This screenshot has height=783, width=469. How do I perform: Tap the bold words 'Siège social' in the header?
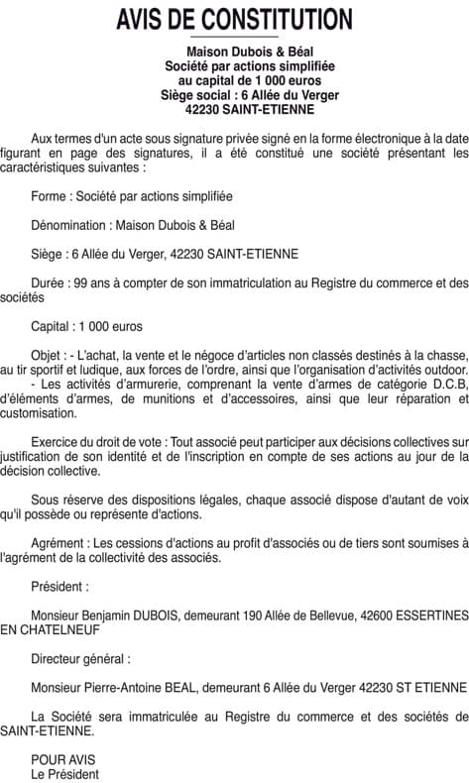click(194, 95)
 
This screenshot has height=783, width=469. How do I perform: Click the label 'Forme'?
click(51, 196)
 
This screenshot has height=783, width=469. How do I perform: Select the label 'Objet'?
click(47, 354)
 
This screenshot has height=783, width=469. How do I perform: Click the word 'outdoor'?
click(438, 369)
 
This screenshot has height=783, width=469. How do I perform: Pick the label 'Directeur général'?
click(80, 657)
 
